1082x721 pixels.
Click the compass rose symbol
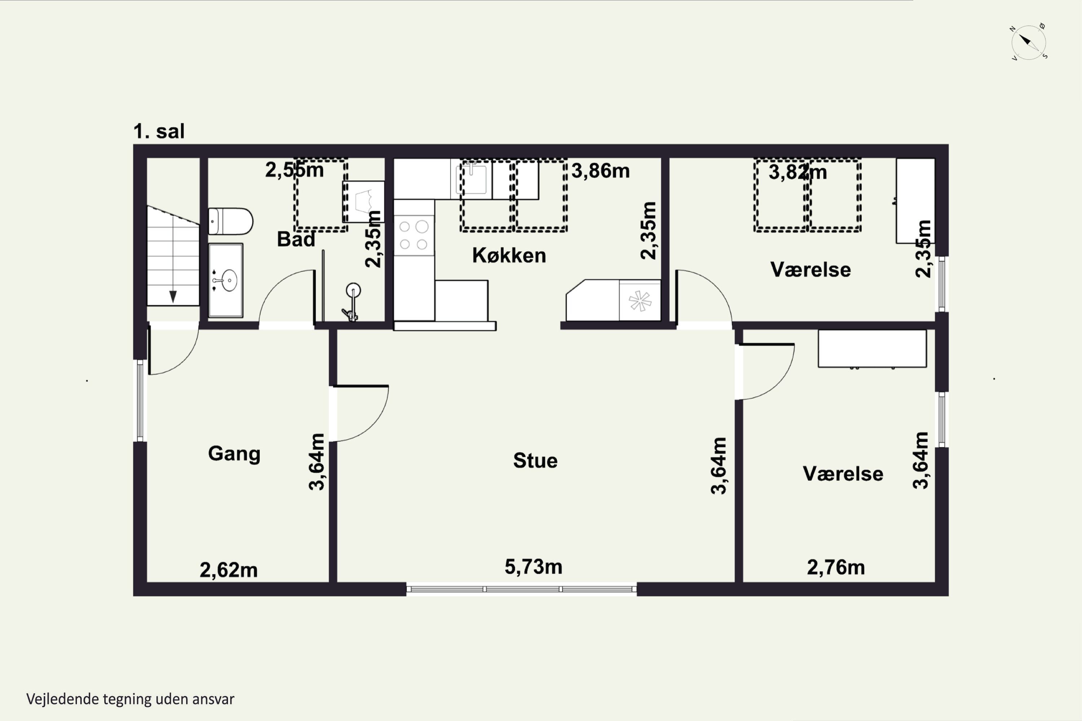pos(1029,42)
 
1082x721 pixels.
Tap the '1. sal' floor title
pos(159,131)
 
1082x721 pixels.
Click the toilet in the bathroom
pos(230,221)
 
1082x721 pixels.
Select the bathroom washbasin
pos(225,280)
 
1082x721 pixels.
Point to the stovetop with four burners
pos(414,235)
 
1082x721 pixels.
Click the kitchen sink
pos(471,179)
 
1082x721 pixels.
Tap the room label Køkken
pos(509,255)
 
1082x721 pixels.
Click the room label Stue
pos(536,460)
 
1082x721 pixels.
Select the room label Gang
pos(234,454)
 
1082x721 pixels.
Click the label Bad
pos(296,239)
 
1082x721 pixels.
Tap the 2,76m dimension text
pos(836,567)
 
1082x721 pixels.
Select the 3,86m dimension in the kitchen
pos(601,171)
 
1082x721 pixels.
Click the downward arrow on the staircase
pos(173,297)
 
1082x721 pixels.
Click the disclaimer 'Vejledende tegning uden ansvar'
pos(130,699)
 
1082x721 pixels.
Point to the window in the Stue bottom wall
pos(522,589)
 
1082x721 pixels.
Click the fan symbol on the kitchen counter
pos(640,301)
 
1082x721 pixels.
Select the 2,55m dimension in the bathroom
pos(294,170)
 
